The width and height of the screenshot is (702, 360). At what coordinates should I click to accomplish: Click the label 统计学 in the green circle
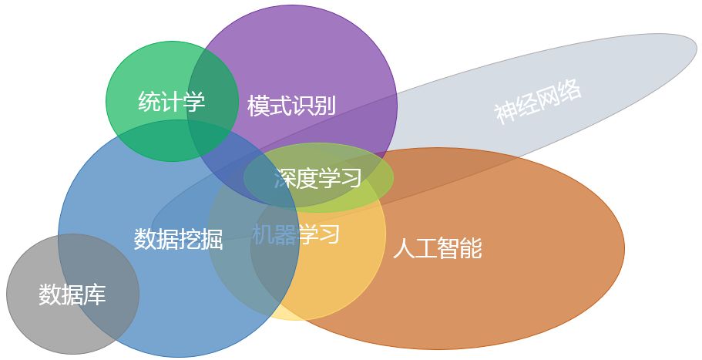[x=171, y=102]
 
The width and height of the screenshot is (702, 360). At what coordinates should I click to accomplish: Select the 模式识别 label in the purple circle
[x=291, y=106]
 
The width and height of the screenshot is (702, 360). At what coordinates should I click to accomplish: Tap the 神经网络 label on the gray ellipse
[x=538, y=102]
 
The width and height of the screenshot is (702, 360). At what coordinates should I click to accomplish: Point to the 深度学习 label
[x=317, y=179]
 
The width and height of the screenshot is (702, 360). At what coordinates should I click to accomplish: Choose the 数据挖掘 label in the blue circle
[x=178, y=239]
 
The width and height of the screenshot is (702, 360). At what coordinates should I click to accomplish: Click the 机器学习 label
[x=296, y=234]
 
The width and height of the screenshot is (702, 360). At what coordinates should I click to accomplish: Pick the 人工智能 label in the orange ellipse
[x=437, y=248]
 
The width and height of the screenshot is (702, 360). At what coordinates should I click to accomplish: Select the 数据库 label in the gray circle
[x=72, y=294]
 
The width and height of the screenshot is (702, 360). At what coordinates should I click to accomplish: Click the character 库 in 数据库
[x=95, y=294]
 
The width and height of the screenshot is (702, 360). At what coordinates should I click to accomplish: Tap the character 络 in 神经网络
[x=570, y=89]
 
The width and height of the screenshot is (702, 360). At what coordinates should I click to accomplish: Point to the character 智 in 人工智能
[x=448, y=248]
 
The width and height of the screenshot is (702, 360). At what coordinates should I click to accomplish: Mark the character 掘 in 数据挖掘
[x=211, y=239]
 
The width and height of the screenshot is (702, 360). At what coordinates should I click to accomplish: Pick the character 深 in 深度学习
[x=284, y=179]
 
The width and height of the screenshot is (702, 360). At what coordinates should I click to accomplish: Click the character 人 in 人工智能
[x=404, y=248]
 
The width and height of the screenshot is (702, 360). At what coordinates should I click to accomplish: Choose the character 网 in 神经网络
[x=549, y=97]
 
